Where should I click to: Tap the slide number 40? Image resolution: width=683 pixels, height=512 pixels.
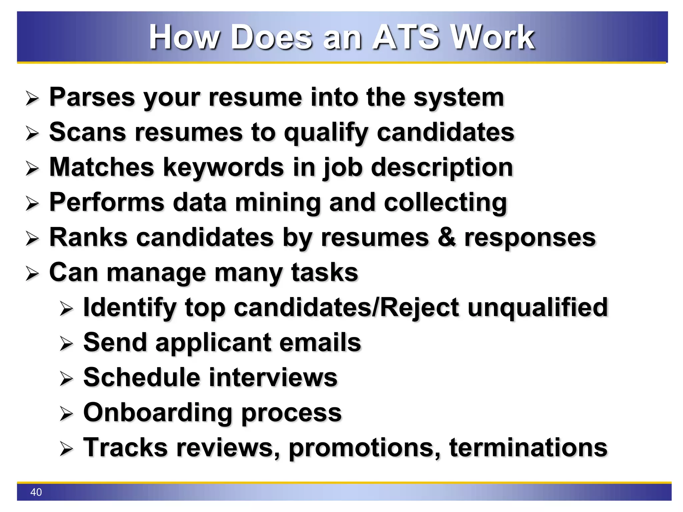36,492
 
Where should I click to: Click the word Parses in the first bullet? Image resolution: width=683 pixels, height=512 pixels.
91,97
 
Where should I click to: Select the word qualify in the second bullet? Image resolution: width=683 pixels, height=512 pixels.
326,133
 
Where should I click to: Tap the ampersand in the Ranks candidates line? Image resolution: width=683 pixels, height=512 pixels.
446,237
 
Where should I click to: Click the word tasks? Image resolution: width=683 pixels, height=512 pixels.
324,273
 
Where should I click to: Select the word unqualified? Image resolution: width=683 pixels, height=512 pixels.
538,307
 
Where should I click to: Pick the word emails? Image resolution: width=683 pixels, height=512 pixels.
320,343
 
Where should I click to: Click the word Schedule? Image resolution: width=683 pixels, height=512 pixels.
142,377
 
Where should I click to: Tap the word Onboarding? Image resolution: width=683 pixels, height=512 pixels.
157,413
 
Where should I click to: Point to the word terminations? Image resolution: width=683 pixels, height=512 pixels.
528,447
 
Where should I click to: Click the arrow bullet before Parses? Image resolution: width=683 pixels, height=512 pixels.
32,99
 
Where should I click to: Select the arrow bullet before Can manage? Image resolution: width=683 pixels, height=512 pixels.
32,274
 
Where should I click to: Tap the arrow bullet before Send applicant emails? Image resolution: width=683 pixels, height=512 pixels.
66,344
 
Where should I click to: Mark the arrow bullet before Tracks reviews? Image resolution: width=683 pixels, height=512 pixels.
66,449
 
